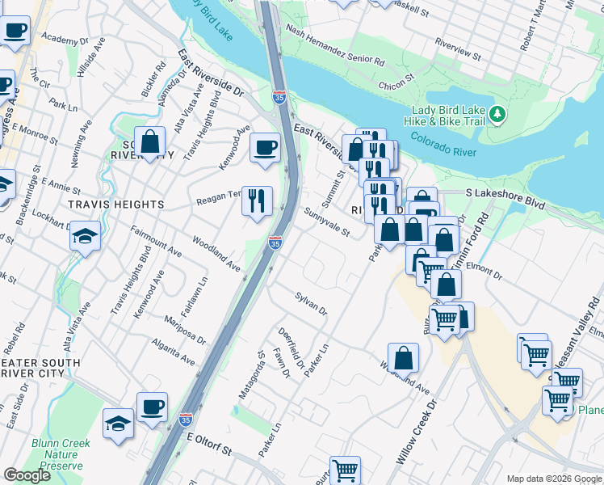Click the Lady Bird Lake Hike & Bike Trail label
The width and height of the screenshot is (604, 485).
pos(448,116)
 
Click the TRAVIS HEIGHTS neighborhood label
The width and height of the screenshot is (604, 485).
pos(105,205)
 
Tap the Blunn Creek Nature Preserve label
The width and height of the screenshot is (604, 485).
pos(61,453)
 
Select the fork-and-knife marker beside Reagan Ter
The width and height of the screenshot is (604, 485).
pos(257,199)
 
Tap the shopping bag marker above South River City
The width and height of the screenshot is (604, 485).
pos(150,142)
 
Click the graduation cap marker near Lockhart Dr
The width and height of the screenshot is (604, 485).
pos(85,236)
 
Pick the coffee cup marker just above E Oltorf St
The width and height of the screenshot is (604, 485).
pos(151,406)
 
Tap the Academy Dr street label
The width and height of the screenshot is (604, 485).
pos(65,39)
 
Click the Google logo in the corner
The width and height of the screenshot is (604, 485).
pos(27,475)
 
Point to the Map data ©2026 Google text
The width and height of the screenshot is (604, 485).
pos(553,479)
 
